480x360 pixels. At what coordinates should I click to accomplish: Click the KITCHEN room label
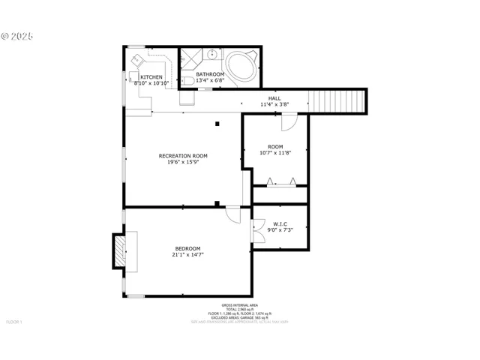[x=151, y=76]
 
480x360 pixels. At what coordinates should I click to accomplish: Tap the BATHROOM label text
[x=210, y=74]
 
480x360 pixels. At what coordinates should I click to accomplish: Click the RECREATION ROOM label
[x=183, y=155]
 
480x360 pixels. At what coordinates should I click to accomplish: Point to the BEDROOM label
[x=187, y=248]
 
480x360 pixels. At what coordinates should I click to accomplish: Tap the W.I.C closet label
[x=280, y=223]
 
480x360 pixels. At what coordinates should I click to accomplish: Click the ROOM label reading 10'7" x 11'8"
[x=275, y=145]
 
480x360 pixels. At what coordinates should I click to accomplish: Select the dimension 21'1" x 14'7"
[x=187, y=255]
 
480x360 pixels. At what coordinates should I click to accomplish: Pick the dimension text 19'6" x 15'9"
[x=183, y=162]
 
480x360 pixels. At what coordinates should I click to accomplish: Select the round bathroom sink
[x=213, y=54]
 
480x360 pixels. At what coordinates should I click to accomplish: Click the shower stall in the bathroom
[x=191, y=58]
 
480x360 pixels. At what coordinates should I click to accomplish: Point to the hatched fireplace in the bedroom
[x=118, y=250]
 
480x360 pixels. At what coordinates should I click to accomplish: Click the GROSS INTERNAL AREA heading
[x=240, y=305]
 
